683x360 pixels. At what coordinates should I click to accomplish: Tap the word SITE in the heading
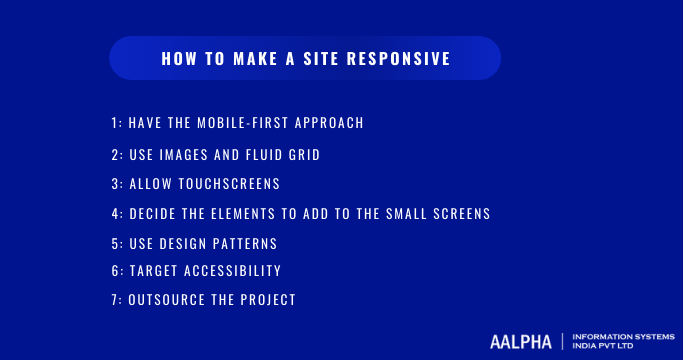coord(318,59)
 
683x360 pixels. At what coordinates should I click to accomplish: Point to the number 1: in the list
coord(116,123)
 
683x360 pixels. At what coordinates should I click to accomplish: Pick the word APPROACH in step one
coord(326,123)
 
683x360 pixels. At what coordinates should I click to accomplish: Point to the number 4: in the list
coord(117,213)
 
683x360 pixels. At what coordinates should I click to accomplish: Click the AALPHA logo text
coord(520,341)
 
